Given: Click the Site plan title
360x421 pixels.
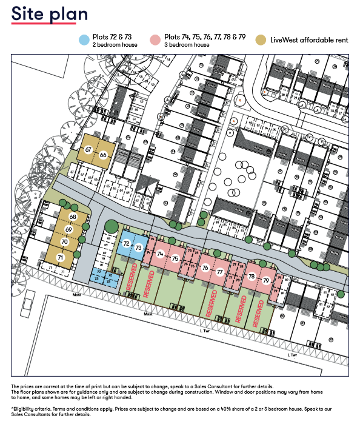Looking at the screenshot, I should tap(50, 15).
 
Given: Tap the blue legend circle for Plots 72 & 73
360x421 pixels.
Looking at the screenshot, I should tap(84, 40).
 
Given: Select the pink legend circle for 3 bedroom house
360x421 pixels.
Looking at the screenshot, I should tap(156, 40).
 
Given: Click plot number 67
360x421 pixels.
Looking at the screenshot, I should tap(88, 149).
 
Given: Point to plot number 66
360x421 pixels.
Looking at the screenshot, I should tap(104, 155).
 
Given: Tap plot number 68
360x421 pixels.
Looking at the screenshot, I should tap(73, 217).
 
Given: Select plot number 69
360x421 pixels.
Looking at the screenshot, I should tap(69, 229).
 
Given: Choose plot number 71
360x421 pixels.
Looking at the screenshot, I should tap(60, 257).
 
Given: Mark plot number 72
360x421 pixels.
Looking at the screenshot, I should tap(125, 243).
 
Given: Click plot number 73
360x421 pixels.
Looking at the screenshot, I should tap(139, 248).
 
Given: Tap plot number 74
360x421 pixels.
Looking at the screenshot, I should tap(161, 254).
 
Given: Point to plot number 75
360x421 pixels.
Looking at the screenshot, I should tap(175, 259).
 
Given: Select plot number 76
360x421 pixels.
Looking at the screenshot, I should tap(205, 268).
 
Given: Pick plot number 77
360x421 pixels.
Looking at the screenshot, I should tap(219, 272).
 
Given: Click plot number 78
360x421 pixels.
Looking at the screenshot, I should tap(252, 277).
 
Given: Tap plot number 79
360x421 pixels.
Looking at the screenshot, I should tap(266, 281).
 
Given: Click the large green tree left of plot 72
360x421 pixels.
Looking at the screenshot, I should tap(110, 227).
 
